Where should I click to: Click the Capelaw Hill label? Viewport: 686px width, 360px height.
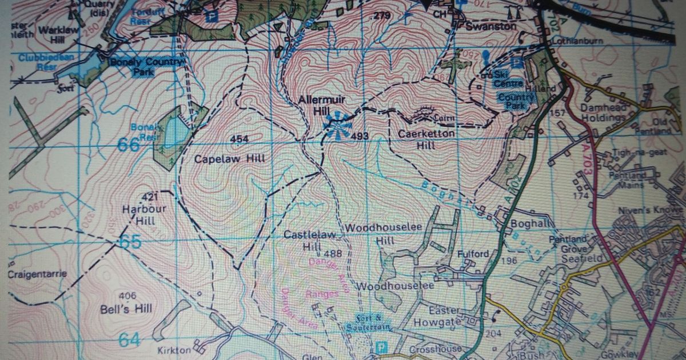click(230, 159)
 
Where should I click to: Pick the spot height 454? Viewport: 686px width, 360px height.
click(239, 139)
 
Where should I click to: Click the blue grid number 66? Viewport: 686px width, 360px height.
click(129, 145)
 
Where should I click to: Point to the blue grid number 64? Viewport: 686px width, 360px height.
click(129, 340)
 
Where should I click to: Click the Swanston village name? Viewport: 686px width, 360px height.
click(490, 26)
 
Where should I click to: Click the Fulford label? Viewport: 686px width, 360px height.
click(472, 254)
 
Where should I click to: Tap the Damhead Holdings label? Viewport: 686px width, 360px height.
click(603, 113)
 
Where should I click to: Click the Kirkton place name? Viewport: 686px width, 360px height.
click(175, 349)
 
